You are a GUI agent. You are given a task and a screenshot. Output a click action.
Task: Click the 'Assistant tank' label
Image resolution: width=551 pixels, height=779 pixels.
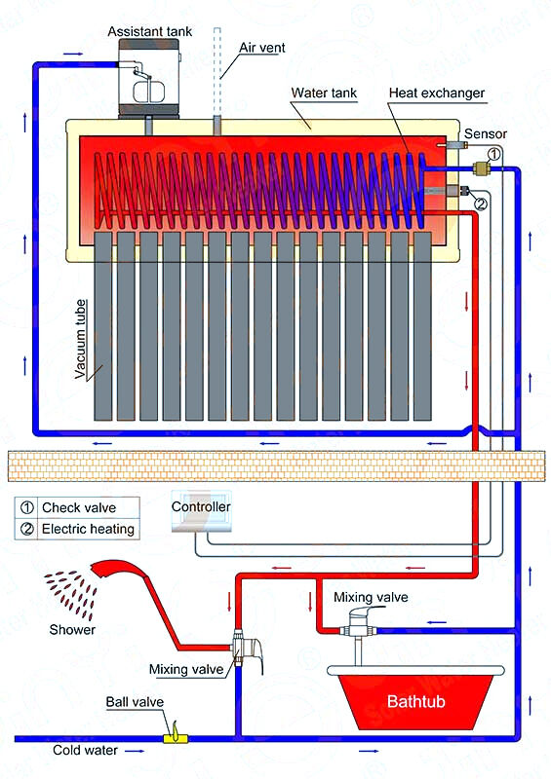pyautogui.click(x=149, y=31)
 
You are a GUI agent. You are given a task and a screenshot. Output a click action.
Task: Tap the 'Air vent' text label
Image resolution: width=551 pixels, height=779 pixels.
pyautogui.click(x=262, y=48)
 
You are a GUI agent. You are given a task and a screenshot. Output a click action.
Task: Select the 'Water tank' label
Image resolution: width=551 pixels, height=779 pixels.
pyautogui.click(x=324, y=93)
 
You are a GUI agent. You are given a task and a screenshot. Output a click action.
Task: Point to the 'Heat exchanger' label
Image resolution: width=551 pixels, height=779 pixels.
pyautogui.click(x=437, y=93)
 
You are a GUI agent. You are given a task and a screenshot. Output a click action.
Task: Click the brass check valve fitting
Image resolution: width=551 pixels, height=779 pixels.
pyautogui.click(x=482, y=168)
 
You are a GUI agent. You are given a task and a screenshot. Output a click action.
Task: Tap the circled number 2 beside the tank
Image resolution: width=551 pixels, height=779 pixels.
pyautogui.click(x=481, y=204)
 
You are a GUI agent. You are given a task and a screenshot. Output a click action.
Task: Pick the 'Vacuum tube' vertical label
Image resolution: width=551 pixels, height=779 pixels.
pyautogui.click(x=80, y=339)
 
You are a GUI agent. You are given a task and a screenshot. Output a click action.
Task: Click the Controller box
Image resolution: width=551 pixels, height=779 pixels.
pyautogui.click(x=201, y=510)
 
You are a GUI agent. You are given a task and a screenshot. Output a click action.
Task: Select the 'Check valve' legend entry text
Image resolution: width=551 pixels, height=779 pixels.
pyautogui.click(x=79, y=507)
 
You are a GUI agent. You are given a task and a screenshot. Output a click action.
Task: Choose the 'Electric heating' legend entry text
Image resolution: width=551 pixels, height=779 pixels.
pyautogui.click(x=88, y=529)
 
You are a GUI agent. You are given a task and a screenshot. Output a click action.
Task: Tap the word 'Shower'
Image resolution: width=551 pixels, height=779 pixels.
pyautogui.click(x=72, y=629)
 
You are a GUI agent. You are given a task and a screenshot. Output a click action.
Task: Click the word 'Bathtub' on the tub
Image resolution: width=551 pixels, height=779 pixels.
pyautogui.click(x=415, y=701)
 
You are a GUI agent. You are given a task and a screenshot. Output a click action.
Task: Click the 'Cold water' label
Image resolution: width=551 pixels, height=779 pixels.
pyautogui.click(x=85, y=750)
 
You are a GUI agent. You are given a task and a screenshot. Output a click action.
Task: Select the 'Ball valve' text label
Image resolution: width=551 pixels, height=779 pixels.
pyautogui.click(x=135, y=702)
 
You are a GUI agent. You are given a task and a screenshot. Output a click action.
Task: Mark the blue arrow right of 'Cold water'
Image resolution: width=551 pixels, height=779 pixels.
pyautogui.click(x=135, y=751)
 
